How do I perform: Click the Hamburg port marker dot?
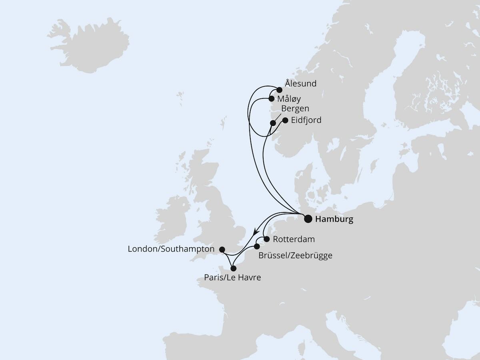pyautogui.click(x=308, y=219)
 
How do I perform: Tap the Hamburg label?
pyautogui.click(x=334, y=219)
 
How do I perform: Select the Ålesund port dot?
pyautogui.click(x=280, y=90)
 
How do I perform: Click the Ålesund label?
pyautogui.click(x=300, y=84)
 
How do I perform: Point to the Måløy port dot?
pyautogui.click(x=271, y=98)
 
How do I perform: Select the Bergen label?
pyautogui.click(x=295, y=109)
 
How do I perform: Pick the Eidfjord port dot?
pyautogui.click(x=285, y=120)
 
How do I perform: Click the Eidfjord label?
pyautogui.click(x=306, y=120)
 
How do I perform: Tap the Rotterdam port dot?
pyautogui.click(x=266, y=240)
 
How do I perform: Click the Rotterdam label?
pyautogui.click(x=294, y=240)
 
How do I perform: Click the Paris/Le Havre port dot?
pyautogui.click(x=234, y=268)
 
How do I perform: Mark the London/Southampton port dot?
pyautogui.click(x=223, y=249)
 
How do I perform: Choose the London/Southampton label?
pyautogui.click(x=172, y=249)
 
